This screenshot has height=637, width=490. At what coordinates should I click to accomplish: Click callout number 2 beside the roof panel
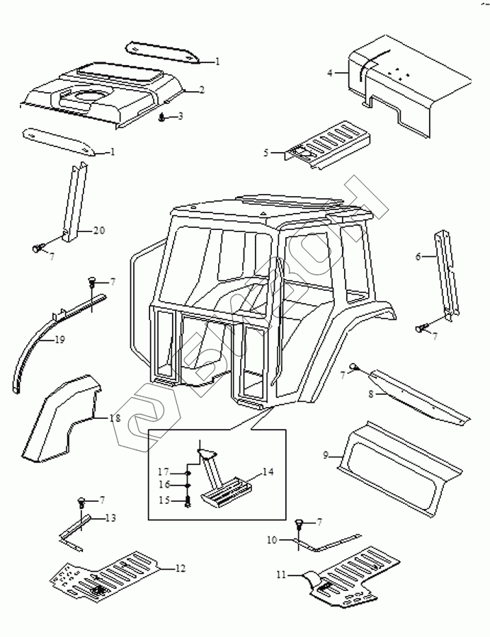click(x=202, y=90)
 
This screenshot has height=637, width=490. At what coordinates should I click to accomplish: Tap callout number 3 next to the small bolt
click(x=180, y=116)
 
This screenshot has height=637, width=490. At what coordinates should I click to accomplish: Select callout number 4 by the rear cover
click(x=329, y=72)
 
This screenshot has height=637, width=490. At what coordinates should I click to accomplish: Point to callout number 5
click(x=267, y=152)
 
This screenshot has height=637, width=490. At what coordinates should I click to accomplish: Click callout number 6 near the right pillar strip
click(x=418, y=256)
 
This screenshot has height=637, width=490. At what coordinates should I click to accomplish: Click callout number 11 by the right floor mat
click(x=281, y=575)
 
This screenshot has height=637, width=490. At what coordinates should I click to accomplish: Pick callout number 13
click(x=110, y=518)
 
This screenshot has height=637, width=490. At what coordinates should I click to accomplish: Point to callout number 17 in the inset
click(x=163, y=472)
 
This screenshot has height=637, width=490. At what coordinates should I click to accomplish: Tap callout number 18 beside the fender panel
click(x=115, y=418)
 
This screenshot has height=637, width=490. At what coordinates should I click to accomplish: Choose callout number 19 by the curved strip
click(x=59, y=340)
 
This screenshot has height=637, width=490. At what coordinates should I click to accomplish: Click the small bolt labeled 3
click(x=164, y=117)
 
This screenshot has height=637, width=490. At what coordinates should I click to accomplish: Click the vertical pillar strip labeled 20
click(x=76, y=202)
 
